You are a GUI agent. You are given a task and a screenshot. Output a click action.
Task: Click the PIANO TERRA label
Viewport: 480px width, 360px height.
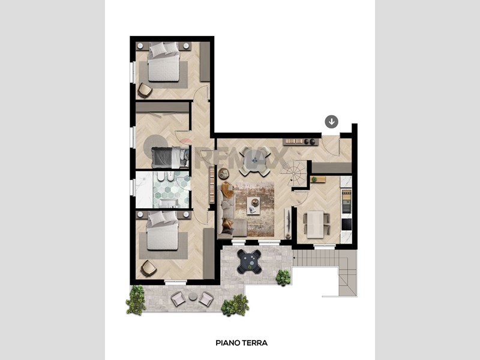[x=242, y=343]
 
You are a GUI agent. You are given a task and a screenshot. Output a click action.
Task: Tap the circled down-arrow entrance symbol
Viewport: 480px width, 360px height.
[x=332, y=122]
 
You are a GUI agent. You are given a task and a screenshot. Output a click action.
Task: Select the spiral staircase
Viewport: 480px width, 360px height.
[x=294, y=173]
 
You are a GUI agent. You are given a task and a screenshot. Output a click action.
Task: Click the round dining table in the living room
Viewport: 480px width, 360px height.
[x=254, y=161]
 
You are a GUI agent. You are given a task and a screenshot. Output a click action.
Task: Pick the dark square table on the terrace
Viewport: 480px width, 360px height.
[x=250, y=262]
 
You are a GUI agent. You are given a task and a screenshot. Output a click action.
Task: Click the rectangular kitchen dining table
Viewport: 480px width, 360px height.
[x=316, y=224]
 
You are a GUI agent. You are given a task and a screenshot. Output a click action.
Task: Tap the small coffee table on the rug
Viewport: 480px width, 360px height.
[x=253, y=205]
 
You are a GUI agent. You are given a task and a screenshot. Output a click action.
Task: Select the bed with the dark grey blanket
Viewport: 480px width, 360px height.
[x=170, y=157]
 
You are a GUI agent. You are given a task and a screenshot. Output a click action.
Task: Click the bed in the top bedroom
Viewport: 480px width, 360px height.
[x=163, y=62]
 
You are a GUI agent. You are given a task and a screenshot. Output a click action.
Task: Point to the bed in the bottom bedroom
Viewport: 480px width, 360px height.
[x=162, y=230]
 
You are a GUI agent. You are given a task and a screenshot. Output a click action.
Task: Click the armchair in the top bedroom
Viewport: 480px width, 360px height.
[x=145, y=91]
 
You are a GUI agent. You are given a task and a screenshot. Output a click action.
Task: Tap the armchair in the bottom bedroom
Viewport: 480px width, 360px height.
[x=148, y=268]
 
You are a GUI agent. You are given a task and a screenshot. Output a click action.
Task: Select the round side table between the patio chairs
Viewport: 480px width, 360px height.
[x=193, y=296]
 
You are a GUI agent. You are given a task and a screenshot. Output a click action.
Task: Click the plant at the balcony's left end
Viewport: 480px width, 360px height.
[x=136, y=300]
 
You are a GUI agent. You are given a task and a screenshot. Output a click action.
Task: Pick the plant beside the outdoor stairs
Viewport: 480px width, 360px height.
[x=283, y=278]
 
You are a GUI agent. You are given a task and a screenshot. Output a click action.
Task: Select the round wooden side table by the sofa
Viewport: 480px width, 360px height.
[x=223, y=173]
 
